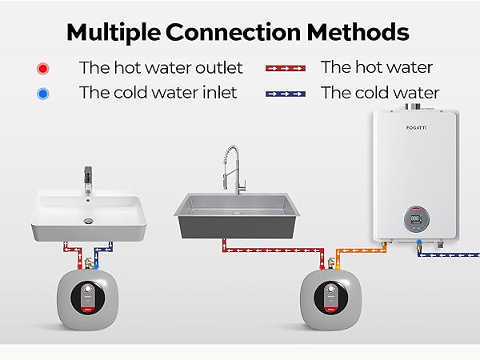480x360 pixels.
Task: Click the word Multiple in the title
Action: pos(114,33)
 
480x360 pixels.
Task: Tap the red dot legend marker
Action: pos(43,69)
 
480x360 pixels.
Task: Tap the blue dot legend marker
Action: pos(43,94)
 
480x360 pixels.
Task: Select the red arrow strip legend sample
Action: pos(286,68)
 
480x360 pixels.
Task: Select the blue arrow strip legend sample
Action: pos(286,94)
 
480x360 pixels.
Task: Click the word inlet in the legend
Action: pos(219,93)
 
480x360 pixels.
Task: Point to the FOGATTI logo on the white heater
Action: pos(416,128)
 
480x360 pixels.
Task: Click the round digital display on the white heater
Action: pos(416,219)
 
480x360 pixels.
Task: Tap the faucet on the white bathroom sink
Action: pos(88,180)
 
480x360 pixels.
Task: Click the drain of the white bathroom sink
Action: pos(88,221)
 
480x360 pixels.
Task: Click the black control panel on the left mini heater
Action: pos(87,298)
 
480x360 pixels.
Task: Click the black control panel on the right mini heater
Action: pos(330,298)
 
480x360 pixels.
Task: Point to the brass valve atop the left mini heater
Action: pos(88,263)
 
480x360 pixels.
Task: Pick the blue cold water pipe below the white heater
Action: pos(447,254)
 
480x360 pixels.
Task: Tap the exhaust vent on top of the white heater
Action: pos(413,106)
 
